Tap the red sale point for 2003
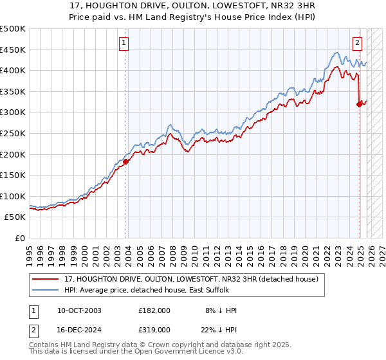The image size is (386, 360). pos(125,161)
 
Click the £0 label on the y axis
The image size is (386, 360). pos(21,238)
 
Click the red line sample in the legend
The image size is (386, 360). pos(46,279)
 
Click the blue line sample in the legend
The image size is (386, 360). pos(46,291)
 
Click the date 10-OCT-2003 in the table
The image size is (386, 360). pos(79,310)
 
